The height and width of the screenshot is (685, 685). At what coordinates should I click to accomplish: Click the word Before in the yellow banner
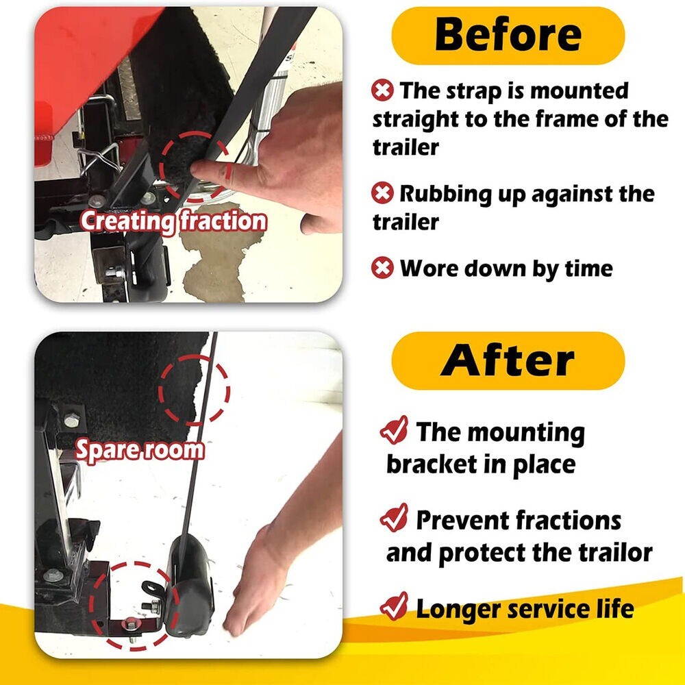508,35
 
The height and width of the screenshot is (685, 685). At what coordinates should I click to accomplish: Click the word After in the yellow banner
508,360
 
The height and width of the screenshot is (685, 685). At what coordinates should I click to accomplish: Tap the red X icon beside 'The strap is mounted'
382,90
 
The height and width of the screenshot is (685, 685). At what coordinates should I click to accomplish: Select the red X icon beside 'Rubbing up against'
382,193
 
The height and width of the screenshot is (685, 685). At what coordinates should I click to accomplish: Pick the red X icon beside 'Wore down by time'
382,268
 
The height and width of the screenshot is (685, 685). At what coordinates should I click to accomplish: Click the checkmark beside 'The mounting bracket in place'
395,430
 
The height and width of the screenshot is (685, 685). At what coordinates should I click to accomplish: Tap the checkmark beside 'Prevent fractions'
395,518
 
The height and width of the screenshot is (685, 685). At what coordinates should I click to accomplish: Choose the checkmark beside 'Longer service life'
395,606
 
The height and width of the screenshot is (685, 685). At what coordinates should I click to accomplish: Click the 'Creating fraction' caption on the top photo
173,221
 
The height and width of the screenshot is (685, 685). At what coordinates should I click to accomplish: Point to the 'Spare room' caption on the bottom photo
140,450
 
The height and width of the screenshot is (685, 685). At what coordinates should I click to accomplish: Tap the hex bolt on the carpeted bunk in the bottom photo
72,421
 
